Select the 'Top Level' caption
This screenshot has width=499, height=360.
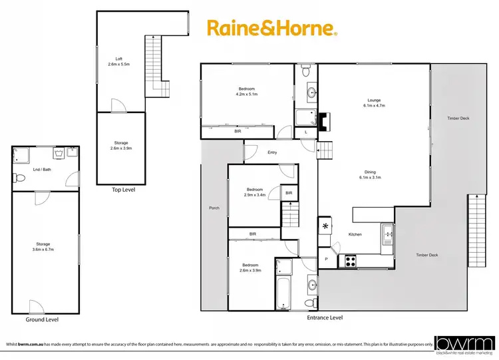click(x=124, y=190)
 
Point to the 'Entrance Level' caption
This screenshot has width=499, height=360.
click(x=325, y=317)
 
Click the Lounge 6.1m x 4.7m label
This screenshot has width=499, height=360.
click(x=374, y=102)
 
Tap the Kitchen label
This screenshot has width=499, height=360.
click(x=355, y=234)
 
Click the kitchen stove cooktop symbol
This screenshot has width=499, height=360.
click(x=350, y=262)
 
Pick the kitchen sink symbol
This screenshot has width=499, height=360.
click(x=387, y=234)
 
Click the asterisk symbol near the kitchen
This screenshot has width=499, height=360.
click(x=326, y=227)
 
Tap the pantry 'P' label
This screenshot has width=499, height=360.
click(x=326, y=259)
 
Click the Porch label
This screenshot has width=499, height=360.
click(x=214, y=208)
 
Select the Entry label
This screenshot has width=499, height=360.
click(x=272, y=152)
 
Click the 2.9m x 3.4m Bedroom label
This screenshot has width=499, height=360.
click(x=255, y=192)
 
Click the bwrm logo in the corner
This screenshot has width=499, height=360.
click(x=464, y=343)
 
